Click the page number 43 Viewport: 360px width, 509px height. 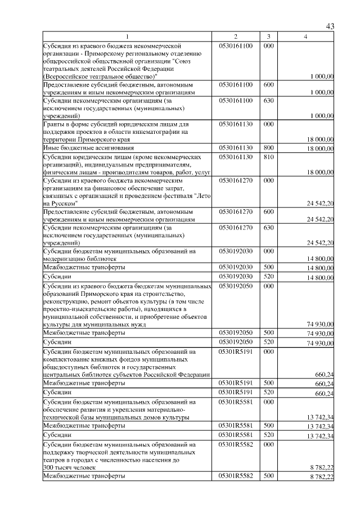330,26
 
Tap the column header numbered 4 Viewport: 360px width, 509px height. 306,37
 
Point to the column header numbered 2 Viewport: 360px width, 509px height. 236,37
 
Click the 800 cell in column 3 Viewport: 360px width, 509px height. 268,147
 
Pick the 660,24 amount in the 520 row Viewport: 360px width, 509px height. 325,394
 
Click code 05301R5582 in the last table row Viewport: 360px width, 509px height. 236,476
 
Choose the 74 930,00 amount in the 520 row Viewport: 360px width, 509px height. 320,343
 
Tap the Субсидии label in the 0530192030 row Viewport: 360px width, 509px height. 57,277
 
